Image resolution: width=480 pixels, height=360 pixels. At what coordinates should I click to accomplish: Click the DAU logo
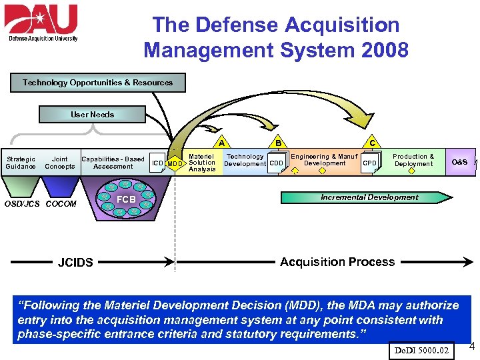click(x=42, y=23)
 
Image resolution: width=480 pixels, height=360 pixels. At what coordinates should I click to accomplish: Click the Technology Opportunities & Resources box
click(x=98, y=83)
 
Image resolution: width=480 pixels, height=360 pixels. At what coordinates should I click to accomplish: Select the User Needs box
click(x=93, y=115)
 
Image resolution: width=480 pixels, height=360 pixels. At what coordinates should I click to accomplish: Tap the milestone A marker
click(x=221, y=141)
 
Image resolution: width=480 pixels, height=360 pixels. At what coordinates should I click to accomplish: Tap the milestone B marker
click(x=277, y=141)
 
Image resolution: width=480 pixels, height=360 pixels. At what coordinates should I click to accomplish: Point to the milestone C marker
click(x=372, y=141)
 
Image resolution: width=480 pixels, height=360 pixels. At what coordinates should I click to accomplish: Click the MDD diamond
click(x=175, y=164)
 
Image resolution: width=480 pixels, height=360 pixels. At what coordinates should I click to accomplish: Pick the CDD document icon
click(x=277, y=163)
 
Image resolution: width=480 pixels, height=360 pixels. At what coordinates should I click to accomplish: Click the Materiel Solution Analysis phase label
click(x=202, y=163)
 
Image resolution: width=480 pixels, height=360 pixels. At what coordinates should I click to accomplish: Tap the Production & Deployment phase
click(x=413, y=160)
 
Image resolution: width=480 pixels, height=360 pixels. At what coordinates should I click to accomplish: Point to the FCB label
click(x=126, y=199)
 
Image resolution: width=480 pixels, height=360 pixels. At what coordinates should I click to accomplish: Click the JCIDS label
click(x=75, y=263)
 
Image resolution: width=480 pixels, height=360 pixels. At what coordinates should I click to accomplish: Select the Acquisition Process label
click(x=337, y=262)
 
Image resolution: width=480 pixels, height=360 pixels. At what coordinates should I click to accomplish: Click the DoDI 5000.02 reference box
click(x=421, y=350)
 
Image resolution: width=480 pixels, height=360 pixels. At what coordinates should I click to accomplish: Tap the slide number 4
click(x=472, y=346)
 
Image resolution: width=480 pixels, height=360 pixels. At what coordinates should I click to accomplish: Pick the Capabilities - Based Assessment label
click(x=113, y=163)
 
